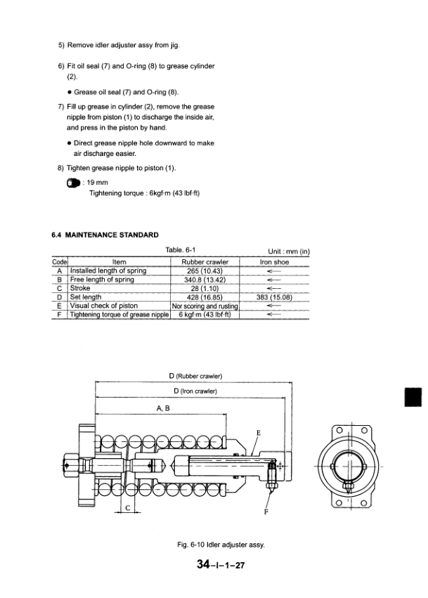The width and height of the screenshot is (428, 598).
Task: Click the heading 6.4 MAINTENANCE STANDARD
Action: tap(105, 235)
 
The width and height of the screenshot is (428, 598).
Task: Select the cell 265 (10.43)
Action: tap(205, 271)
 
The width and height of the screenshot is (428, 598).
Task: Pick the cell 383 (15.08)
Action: tap(275, 297)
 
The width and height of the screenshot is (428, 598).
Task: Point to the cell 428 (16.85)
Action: tap(205, 297)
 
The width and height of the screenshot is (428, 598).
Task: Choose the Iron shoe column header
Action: tap(275, 262)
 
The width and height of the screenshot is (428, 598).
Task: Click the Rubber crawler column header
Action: tap(205, 262)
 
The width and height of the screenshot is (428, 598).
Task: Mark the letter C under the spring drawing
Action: tap(127, 507)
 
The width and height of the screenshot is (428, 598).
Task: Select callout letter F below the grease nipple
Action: tap(265, 512)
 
